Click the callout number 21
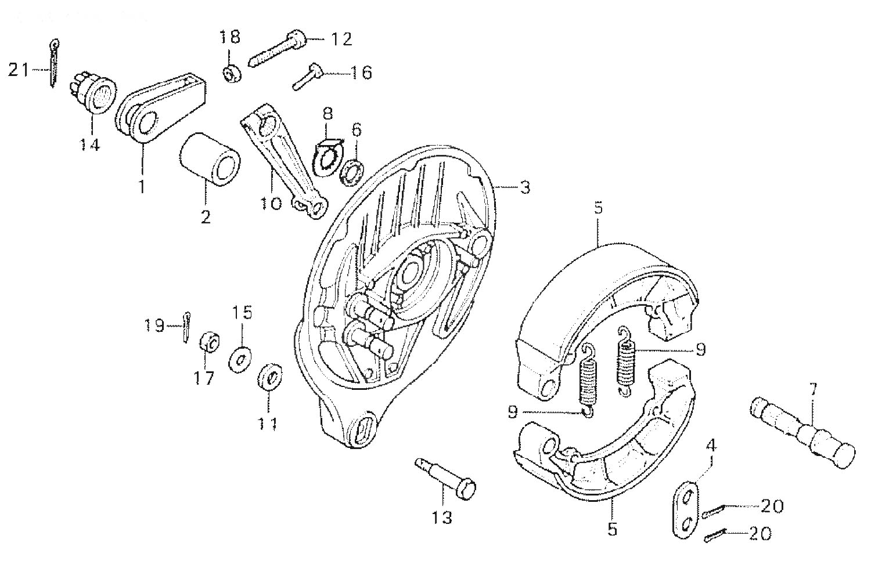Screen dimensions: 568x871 tap(19, 70)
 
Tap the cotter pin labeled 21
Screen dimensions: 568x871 tap(53, 63)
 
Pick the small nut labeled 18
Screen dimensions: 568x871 tap(231, 73)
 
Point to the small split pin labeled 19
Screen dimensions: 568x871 tap(186, 327)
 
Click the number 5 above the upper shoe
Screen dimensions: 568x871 tap(599, 208)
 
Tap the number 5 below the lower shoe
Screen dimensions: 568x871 tap(613, 529)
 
